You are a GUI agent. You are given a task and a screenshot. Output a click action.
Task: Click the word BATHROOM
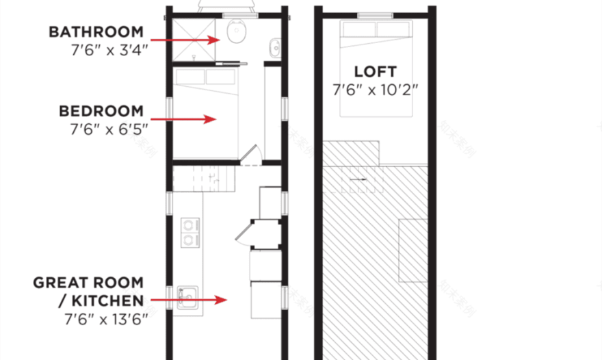tap(96, 31)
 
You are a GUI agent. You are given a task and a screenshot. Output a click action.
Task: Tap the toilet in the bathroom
tap(236, 31)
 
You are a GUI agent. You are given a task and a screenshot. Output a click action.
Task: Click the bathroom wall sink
tap(275, 47)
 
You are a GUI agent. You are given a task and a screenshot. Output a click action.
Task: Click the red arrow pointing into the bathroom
tap(184, 40)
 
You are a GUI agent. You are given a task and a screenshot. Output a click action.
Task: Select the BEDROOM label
tap(101, 111)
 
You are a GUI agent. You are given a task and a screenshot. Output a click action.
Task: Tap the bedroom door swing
tap(250, 154)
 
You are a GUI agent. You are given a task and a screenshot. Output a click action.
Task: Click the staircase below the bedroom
tap(203, 180)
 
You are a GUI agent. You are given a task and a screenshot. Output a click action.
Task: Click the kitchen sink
tap(187, 298)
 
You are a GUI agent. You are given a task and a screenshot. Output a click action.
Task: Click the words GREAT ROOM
tap(89, 283)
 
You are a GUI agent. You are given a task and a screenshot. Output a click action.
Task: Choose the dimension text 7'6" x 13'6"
tap(106, 319)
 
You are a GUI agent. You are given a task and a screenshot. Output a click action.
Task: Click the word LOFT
tap(375, 71)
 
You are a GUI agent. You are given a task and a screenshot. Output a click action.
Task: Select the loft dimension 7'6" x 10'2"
tap(375, 90)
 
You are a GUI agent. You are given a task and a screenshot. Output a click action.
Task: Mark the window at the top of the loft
tap(375, 15)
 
